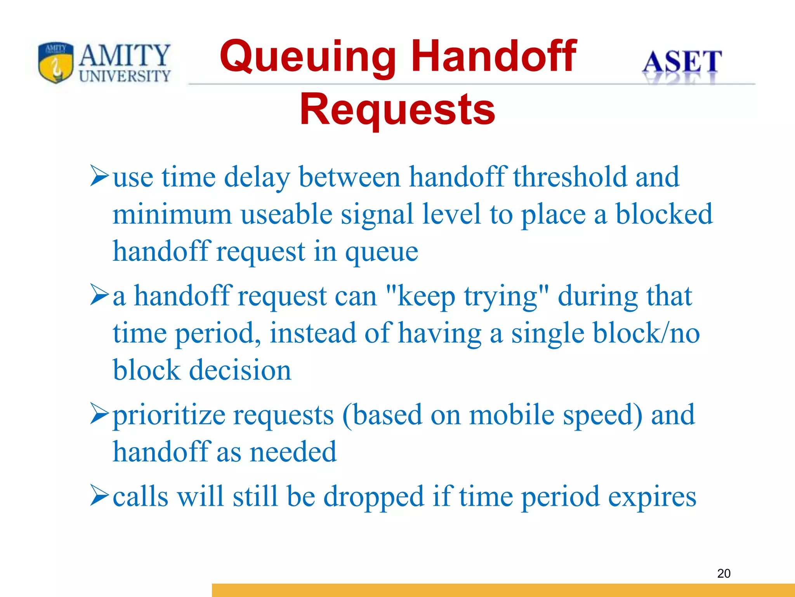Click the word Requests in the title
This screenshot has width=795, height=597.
click(397, 110)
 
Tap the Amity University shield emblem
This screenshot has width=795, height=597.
click(56, 63)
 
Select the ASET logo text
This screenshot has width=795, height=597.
click(682, 62)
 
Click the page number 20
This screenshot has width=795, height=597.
click(724, 573)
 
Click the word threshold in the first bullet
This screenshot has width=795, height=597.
click(570, 177)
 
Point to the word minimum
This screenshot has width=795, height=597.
click(172, 215)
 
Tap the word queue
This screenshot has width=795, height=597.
click(382, 252)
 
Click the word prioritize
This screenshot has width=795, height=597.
click(169, 415)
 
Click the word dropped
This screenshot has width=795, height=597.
click(374, 497)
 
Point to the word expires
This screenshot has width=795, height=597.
click(652, 497)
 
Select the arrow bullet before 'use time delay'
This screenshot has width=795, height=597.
click(99, 176)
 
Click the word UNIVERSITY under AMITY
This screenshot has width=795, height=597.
click(125, 76)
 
